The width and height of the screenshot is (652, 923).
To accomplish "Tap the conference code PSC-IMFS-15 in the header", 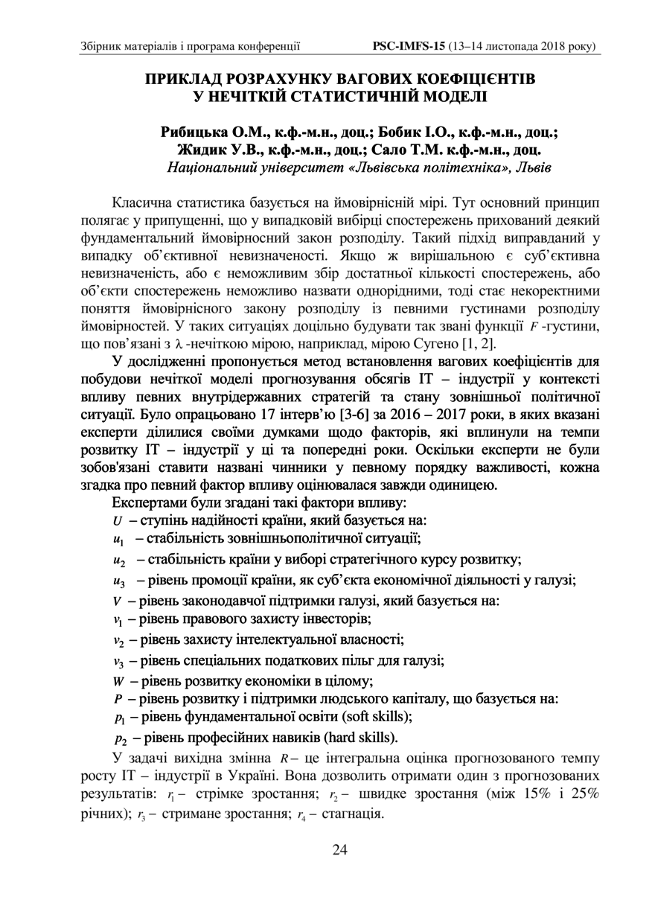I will [x=408, y=46].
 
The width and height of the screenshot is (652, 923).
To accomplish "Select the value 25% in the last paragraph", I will [x=584, y=795].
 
